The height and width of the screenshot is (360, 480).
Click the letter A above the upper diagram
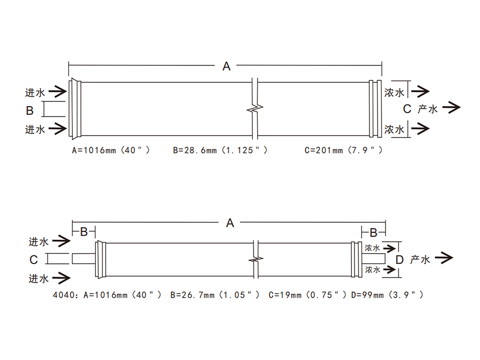227,66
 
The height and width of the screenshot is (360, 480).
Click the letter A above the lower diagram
230,223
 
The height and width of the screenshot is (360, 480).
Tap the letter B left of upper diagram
30,110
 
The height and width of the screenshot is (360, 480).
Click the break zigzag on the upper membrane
255,109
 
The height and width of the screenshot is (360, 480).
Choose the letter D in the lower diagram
400,260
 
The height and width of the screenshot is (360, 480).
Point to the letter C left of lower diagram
34,260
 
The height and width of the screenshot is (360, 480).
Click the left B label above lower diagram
84,232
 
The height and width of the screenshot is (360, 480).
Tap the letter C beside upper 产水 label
407,109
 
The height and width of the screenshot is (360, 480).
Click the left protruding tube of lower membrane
83,258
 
